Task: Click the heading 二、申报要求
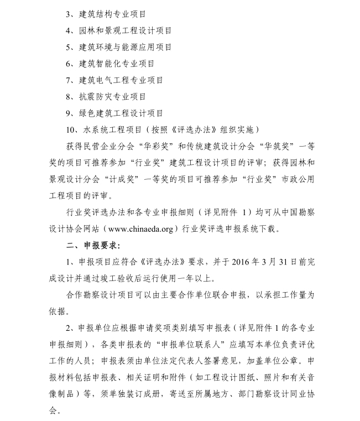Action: [91, 245]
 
